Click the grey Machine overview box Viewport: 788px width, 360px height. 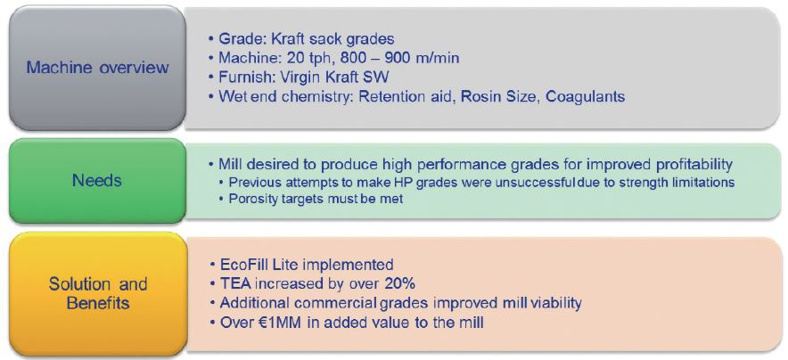click(x=98, y=69)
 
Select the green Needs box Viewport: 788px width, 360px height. click(x=98, y=181)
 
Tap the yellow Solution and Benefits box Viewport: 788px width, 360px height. click(x=98, y=295)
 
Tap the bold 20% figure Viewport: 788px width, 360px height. click(x=400, y=283)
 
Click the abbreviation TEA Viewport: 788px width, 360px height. click(x=235, y=283)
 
